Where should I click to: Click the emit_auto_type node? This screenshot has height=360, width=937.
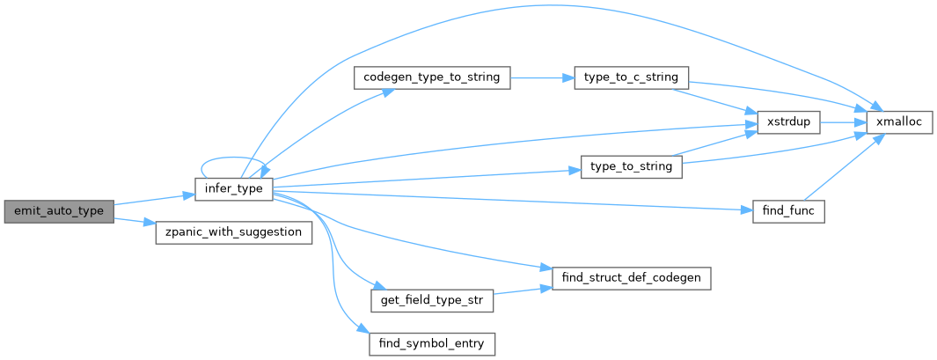59,211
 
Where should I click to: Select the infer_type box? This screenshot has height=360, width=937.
233,189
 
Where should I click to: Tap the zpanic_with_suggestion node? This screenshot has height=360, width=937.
233,233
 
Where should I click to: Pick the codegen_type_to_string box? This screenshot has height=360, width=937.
431,77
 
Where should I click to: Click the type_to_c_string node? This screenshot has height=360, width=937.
631,77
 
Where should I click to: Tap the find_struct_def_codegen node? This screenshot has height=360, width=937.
630,278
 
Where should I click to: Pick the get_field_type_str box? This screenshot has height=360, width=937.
432,300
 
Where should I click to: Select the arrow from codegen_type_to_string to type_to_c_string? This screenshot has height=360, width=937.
541,77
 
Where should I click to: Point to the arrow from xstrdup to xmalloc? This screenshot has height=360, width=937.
843,122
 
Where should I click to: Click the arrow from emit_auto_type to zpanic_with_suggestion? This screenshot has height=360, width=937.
134,221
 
